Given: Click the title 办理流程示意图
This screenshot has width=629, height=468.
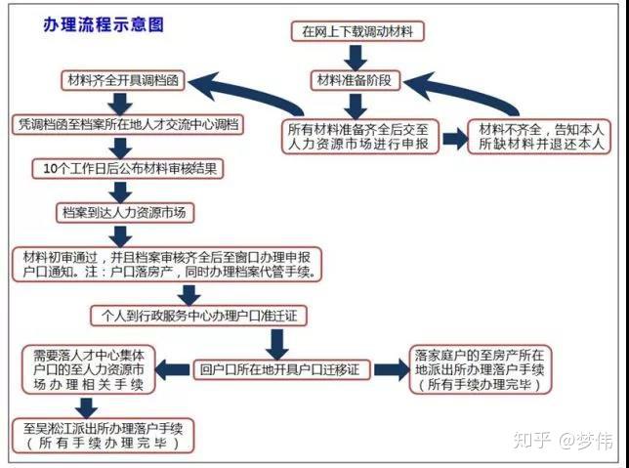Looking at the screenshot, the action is pyautogui.click(x=104, y=24).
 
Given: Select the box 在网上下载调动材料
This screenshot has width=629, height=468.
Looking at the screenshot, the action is pyautogui.click(x=357, y=31).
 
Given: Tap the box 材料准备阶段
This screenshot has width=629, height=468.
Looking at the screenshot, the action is pyautogui.click(x=356, y=80).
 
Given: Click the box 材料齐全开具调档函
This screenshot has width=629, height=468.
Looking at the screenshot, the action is pyautogui.click(x=123, y=80).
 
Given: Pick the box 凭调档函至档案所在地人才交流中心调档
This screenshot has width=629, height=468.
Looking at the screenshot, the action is pyautogui.click(x=128, y=124).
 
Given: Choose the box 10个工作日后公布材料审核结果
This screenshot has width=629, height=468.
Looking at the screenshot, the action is pyautogui.click(x=128, y=169).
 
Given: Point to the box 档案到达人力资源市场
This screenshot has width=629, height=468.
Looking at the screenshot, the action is pyautogui.click(x=125, y=213).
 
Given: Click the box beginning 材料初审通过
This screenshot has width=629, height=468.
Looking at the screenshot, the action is pyautogui.click(x=167, y=265).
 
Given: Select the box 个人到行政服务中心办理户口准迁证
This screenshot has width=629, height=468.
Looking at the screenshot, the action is pyautogui.click(x=199, y=316).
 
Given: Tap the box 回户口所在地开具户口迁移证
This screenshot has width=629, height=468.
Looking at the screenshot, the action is pyautogui.click(x=282, y=369).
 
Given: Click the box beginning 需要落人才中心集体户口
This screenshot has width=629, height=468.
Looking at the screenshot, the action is pyautogui.click(x=89, y=369).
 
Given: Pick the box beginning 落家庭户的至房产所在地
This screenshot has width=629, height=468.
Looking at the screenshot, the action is pyautogui.click(x=481, y=369).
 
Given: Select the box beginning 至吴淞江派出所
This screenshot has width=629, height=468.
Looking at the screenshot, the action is pyautogui.click(x=104, y=436).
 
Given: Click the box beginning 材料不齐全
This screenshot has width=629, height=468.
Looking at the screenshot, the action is pyautogui.click(x=539, y=137).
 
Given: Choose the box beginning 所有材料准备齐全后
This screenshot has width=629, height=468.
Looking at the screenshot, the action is pyautogui.click(x=360, y=137).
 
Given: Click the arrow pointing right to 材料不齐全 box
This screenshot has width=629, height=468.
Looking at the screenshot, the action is pyautogui.click(x=455, y=139).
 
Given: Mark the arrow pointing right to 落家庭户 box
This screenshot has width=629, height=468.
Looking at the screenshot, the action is pyautogui.click(x=392, y=369).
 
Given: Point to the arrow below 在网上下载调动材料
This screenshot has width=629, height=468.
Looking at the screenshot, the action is pyautogui.click(x=356, y=58).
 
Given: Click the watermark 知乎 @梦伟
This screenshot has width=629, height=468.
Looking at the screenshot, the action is pyautogui.click(x=564, y=441).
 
